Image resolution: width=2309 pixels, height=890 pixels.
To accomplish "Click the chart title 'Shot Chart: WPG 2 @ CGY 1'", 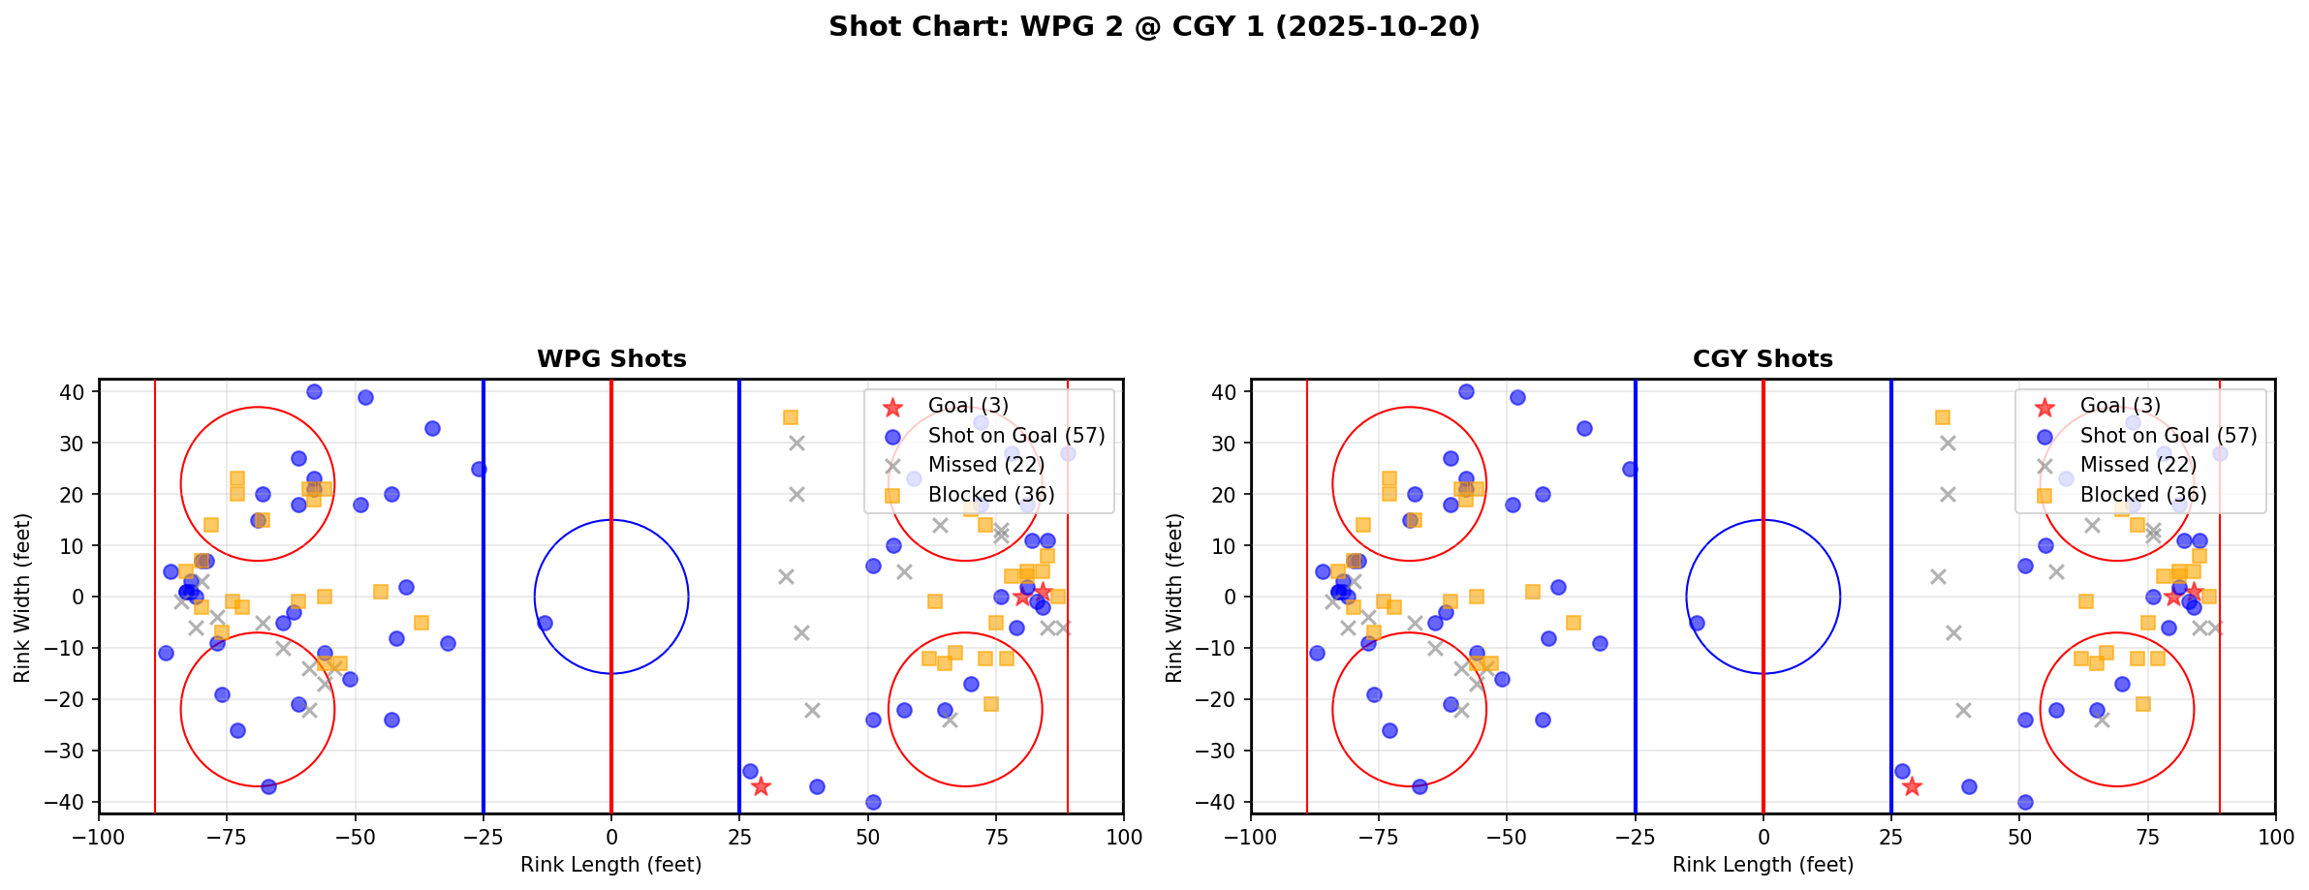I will [1154, 27].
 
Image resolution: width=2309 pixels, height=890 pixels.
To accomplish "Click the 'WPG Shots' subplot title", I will [611, 359].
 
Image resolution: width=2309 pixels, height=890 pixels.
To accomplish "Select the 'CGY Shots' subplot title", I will [1763, 359].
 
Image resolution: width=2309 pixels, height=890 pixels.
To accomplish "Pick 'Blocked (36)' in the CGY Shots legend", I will [2143, 495].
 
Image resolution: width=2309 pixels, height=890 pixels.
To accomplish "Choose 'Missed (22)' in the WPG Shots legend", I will [985, 465].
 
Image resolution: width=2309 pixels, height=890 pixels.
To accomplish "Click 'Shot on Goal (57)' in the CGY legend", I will [2169, 436].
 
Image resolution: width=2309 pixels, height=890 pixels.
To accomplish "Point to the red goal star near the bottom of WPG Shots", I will [761, 786].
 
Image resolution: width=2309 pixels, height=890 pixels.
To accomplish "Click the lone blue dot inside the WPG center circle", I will [545, 623].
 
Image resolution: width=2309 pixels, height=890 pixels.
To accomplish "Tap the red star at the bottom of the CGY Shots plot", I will [1912, 786].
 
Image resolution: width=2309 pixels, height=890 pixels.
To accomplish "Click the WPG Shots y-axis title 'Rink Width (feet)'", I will [22, 597].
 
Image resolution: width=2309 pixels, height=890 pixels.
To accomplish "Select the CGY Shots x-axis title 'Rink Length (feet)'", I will [1763, 865].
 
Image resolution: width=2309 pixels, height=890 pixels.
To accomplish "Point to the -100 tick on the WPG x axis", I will [99, 836].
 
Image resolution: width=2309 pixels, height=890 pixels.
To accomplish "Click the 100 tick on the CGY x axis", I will [2275, 836].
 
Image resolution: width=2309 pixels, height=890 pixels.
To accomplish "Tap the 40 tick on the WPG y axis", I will [76, 392].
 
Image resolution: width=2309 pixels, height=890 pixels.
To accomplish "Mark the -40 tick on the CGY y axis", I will [1223, 802].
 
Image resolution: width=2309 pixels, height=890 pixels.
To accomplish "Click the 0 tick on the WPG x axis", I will [611, 836].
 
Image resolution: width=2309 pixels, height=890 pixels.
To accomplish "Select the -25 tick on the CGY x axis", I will [1635, 836].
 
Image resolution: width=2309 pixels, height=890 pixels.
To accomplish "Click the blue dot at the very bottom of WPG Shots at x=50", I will [873, 802].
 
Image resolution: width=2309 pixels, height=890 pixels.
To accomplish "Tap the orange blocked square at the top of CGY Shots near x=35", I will [1942, 417].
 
